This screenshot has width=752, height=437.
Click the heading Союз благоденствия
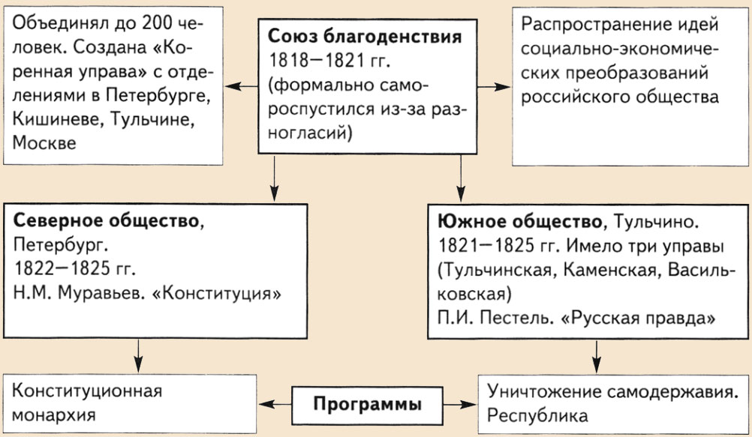pyautogui.click(x=365, y=36)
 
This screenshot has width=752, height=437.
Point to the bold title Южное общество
pyautogui.click(x=517, y=222)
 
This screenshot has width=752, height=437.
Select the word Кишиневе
pyautogui.click(x=53, y=119)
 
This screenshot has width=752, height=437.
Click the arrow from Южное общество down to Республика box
pyautogui.click(x=597, y=352)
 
